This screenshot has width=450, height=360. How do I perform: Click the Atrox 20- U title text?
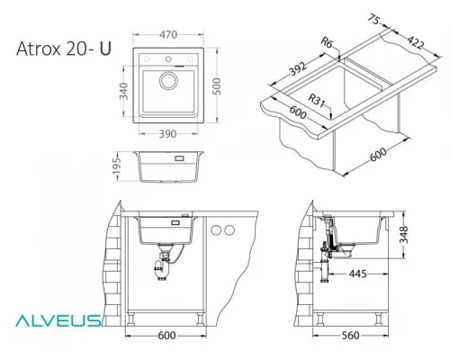coord(64,49)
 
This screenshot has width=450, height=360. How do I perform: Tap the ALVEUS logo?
coord(58,320)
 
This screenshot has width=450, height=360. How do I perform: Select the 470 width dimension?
coord(168,35)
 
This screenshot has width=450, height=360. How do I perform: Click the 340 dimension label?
coord(123,91)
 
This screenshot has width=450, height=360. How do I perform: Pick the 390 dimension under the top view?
coord(167,134)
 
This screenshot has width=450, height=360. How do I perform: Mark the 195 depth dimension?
coord(117,166)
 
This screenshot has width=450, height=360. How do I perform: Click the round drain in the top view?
coord(168,81)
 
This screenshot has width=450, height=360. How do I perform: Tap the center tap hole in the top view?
coord(168,58)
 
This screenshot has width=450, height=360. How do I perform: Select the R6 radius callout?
coord(327,42)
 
